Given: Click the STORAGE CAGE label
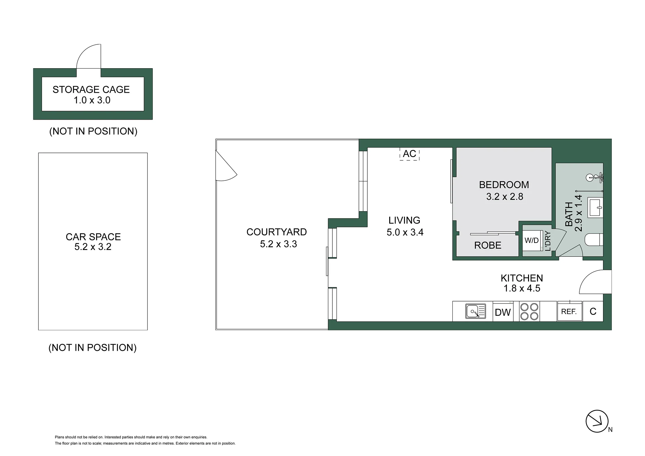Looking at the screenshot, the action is point(91,90).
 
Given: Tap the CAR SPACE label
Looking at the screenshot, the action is point(93,237).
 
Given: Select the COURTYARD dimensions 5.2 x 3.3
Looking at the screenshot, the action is point(278,244).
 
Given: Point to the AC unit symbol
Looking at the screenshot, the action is point(409,154).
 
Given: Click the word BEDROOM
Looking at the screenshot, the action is point(504,185).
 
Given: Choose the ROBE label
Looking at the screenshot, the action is point(488,245).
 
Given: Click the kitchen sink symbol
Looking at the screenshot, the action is point(476,311).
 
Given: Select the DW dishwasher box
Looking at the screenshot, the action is point(503,312).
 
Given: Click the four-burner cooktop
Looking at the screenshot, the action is point(529,311).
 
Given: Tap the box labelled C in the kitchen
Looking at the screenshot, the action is point(593,312).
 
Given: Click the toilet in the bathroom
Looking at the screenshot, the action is point(594,240).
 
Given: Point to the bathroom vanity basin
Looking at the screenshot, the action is point(595,207).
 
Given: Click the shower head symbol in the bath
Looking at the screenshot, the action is point(595,177).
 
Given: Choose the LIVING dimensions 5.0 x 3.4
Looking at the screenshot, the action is point(405,232).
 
